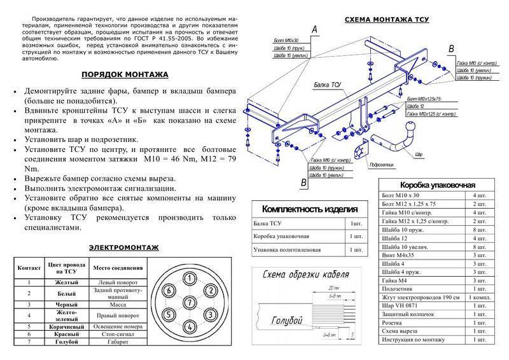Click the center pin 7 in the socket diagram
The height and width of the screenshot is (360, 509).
coord(189,301)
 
